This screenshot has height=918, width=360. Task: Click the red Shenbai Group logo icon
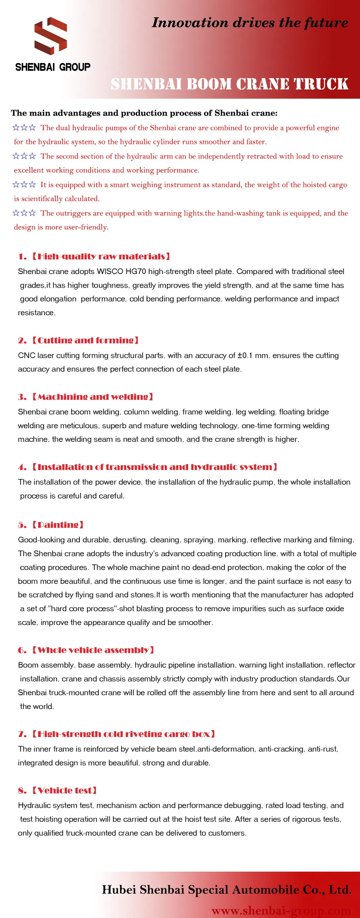(x=50, y=36)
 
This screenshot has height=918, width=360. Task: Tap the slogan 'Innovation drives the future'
(x=250, y=23)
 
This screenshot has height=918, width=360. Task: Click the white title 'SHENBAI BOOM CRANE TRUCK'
(x=229, y=84)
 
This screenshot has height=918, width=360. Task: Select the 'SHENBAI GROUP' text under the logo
(x=53, y=67)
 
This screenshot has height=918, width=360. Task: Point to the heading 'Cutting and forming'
(x=85, y=340)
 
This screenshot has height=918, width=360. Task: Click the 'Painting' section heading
(x=57, y=525)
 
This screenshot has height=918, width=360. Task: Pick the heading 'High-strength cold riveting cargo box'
(x=123, y=734)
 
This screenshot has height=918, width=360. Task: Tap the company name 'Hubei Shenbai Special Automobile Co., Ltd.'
(x=227, y=889)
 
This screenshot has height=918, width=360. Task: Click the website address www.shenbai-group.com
(x=282, y=911)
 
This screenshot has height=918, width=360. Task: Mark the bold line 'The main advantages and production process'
(x=144, y=113)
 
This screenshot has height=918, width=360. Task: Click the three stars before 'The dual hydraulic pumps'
(x=24, y=128)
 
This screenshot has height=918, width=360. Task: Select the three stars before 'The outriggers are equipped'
(x=24, y=213)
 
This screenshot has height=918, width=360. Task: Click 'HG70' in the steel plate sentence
(x=136, y=272)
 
